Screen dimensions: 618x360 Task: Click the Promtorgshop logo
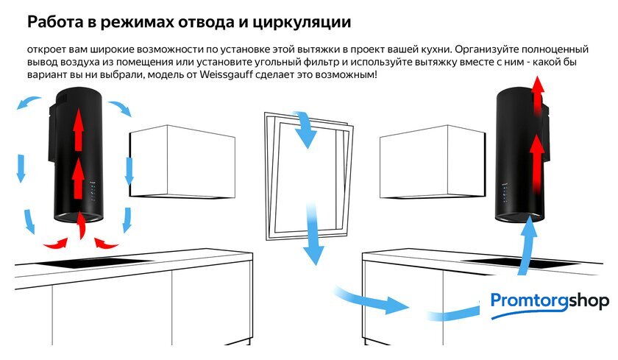tap(550, 304)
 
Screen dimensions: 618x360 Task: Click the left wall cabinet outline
tap(182, 162)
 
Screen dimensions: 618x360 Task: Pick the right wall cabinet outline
tap(433, 162)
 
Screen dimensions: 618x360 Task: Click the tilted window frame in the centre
tap(309, 177)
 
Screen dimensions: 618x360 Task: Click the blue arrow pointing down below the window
tap(313, 235)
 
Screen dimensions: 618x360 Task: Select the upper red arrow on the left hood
tap(79, 130)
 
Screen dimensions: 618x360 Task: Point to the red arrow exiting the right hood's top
tap(537, 96)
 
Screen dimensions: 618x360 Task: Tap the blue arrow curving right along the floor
tap(371, 300)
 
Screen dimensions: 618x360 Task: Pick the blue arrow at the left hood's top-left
tap(28, 102)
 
